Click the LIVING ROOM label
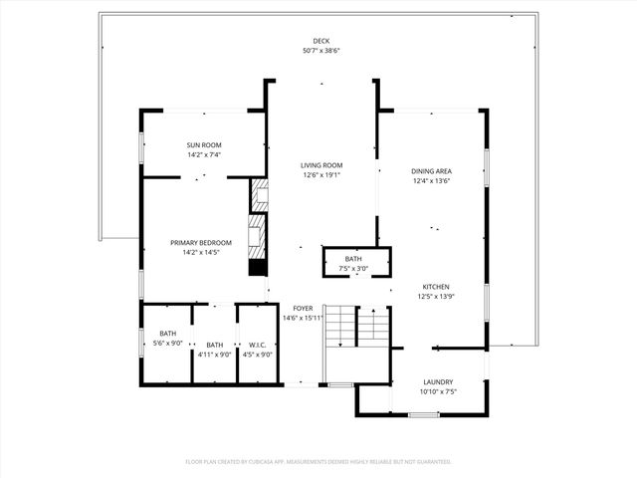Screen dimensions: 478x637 [321, 165]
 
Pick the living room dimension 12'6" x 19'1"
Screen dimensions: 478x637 [321, 176]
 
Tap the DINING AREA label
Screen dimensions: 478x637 [432, 170]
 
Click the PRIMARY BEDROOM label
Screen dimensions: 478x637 [201, 242]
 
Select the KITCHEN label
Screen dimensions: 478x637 [436, 285]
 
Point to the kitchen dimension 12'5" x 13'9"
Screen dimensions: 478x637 [436, 296]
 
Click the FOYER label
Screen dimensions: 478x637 [303, 308]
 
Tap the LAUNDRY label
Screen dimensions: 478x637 [438, 381]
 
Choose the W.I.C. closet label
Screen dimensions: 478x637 [257, 344]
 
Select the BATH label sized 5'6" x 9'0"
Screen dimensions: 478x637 [168, 334]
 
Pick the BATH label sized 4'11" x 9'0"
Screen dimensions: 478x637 [214, 344]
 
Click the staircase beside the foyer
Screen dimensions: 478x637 [355, 326]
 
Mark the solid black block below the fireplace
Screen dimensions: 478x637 [257, 268]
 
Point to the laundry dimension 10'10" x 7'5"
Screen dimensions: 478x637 [438, 392]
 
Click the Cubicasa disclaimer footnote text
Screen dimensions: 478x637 [318, 462]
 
